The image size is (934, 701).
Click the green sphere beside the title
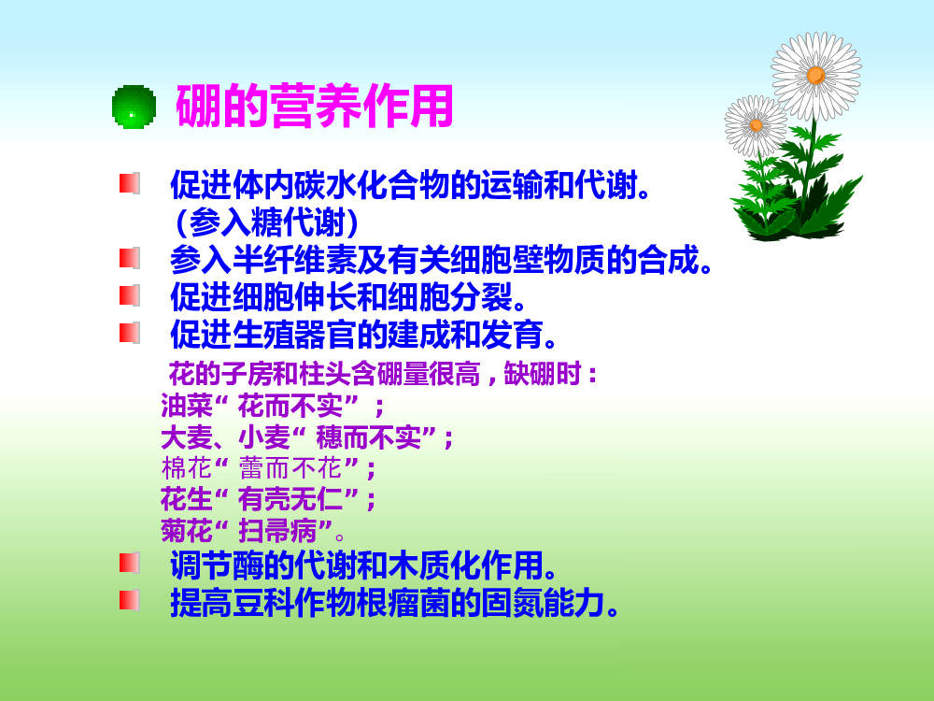pos(134,107)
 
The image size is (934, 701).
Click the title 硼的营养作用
pos(315,107)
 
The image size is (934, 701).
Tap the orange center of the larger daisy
pos(815,76)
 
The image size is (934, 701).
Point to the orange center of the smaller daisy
pos(756,125)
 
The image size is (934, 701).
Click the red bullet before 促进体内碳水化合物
pos(130,183)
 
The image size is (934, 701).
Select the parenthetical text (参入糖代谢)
pos(267,222)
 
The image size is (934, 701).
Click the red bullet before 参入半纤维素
pos(130,259)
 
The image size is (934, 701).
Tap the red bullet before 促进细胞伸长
pos(130,295)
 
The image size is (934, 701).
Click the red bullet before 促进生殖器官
pos(130,333)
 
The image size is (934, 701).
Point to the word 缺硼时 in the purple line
pos(542,375)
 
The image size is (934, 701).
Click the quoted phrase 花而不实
pos(290,407)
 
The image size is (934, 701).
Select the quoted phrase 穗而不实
pos(368,437)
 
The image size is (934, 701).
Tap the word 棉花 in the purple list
pos(187,468)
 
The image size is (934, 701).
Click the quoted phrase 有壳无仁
pos(290,499)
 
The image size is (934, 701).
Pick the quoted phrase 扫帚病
pos(277,530)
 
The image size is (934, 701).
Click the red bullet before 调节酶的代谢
pos(130,563)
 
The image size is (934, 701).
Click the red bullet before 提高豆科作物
pos(130,600)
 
